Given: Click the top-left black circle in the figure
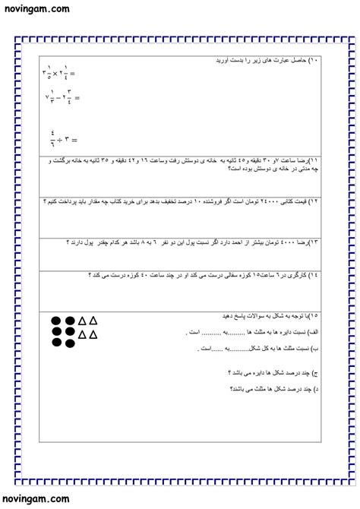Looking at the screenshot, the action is click(x=56, y=321).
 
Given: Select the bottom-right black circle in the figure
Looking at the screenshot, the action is click(x=69, y=346).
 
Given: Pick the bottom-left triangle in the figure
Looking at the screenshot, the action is click(x=82, y=334).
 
